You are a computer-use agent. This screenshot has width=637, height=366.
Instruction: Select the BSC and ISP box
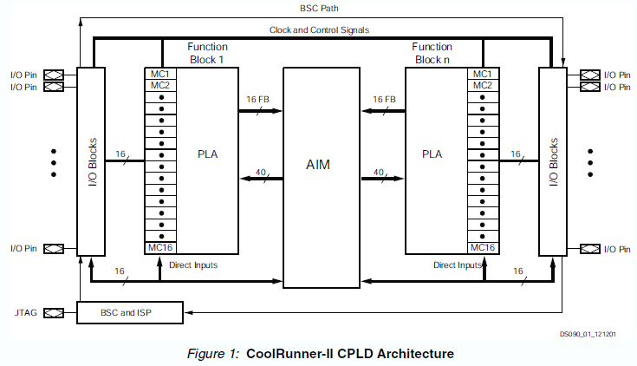click(131, 312)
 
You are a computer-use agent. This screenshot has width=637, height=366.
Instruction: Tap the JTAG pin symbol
click(54, 312)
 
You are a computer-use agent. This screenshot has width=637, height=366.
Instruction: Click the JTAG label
click(25, 312)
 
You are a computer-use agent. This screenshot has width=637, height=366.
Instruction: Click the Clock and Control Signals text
click(319, 30)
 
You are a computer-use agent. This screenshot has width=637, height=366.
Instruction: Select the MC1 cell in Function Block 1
click(159, 74)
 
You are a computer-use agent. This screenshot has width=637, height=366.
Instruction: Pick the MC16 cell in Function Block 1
click(159, 247)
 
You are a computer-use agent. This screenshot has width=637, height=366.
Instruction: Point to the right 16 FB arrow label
click(384, 100)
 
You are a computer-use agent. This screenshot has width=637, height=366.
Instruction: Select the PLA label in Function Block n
click(432, 154)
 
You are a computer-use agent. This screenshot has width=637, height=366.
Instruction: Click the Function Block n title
click(432, 53)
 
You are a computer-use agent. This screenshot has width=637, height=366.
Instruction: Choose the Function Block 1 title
click(207, 53)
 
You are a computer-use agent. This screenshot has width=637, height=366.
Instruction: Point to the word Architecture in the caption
click(413, 354)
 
